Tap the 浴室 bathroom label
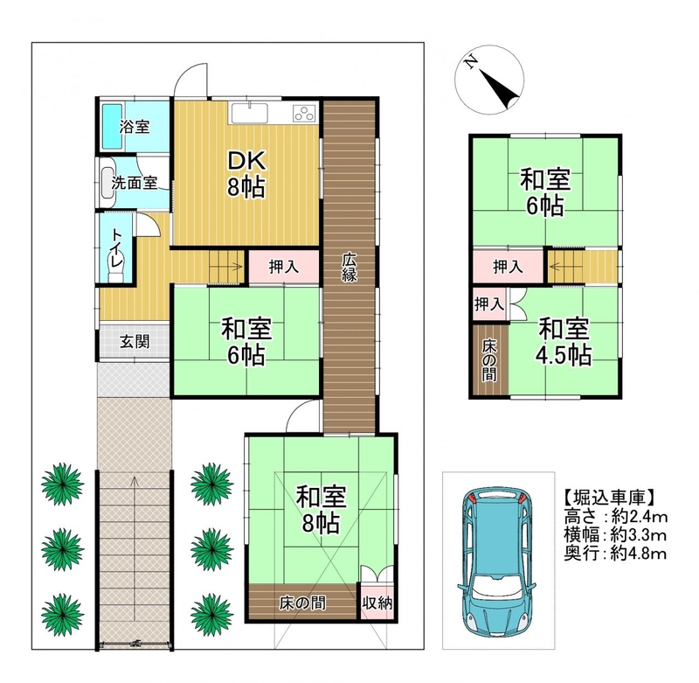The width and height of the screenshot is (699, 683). pyautogui.click(x=135, y=127)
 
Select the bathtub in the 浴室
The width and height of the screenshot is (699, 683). pyautogui.click(x=113, y=127)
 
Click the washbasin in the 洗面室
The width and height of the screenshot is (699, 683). pyautogui.click(x=107, y=183)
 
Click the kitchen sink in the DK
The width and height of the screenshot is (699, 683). pyautogui.click(x=249, y=114)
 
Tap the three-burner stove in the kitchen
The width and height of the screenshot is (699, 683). pyautogui.click(x=304, y=114)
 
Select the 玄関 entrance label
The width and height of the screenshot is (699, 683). pyautogui.click(x=135, y=342)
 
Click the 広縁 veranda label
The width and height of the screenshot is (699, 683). pyautogui.click(x=349, y=267)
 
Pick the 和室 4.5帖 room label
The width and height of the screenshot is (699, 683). pyautogui.click(x=564, y=342)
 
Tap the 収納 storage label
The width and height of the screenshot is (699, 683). pyautogui.click(x=377, y=603)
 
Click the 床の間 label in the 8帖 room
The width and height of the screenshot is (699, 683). pyautogui.click(x=302, y=603)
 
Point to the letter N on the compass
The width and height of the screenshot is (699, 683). pyautogui.click(x=470, y=62)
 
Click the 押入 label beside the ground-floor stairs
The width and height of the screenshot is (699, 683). pyautogui.click(x=283, y=267)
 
